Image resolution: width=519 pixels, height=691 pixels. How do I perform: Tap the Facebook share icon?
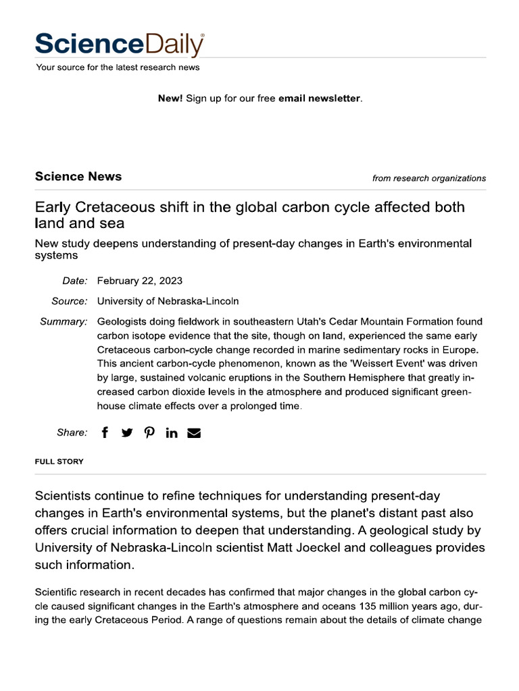click(x=105, y=433)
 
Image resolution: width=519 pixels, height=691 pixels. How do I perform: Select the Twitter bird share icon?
click(x=127, y=433)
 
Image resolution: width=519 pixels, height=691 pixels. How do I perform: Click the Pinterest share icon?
click(x=149, y=433)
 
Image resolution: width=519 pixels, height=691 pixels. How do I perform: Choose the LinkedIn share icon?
click(x=172, y=433)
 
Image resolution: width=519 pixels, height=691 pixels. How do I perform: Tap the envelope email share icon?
click(x=194, y=433)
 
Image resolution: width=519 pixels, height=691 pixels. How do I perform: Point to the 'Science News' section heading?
click(x=78, y=177)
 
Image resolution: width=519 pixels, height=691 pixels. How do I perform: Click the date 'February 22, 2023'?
click(x=140, y=281)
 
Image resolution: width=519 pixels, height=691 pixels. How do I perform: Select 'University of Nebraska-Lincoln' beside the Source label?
click(x=168, y=301)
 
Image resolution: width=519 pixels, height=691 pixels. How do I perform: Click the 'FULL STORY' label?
click(x=59, y=462)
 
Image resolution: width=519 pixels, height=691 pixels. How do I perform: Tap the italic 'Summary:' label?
click(x=64, y=322)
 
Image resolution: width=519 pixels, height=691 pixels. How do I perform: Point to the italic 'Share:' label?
click(x=72, y=433)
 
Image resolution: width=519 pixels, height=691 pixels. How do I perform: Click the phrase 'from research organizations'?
click(x=428, y=179)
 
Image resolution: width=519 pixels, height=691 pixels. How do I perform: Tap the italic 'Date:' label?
click(x=75, y=281)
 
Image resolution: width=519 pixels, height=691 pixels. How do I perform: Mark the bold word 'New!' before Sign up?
click(x=170, y=99)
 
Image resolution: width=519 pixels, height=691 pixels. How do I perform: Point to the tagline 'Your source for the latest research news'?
click(x=118, y=67)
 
